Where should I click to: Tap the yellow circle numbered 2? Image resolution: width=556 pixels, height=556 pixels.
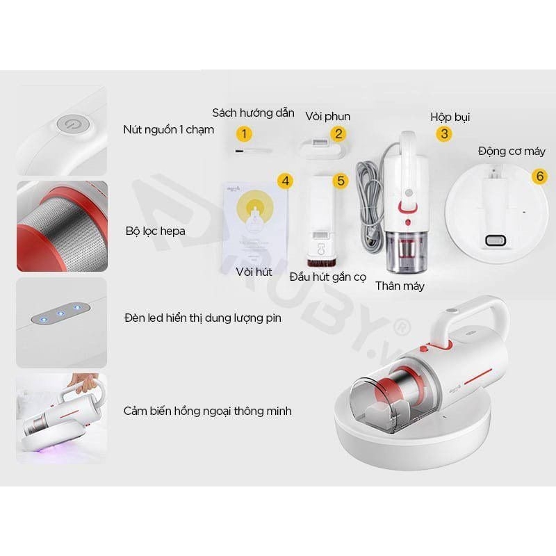pyautogui.click(x=338, y=134)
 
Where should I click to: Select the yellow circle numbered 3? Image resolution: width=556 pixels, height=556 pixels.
pyautogui.click(x=444, y=134)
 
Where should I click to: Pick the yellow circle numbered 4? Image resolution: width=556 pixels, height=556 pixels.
pyautogui.click(x=284, y=181)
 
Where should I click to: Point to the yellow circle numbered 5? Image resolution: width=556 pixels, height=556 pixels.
pyautogui.click(x=340, y=181)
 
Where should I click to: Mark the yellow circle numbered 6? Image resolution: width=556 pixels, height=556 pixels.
pyautogui.click(x=539, y=176)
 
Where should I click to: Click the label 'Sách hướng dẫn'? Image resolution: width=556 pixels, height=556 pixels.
pyautogui.click(x=253, y=113)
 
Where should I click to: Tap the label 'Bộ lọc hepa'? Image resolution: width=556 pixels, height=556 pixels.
pyautogui.click(x=156, y=231)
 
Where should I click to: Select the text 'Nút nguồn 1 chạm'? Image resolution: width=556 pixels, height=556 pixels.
pyautogui.click(x=169, y=130)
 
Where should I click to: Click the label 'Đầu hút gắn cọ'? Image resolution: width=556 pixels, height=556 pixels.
pyautogui.click(x=327, y=276)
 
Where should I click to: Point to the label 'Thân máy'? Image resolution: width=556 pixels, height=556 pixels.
pyautogui.click(x=400, y=286)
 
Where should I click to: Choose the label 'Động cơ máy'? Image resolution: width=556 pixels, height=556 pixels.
pyautogui.click(x=512, y=151)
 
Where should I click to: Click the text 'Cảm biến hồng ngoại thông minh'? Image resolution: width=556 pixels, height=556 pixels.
pyautogui.click(x=208, y=411)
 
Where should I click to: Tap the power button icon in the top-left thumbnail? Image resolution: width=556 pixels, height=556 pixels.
pyautogui.click(x=70, y=124)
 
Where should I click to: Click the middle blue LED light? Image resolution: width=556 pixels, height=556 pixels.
pyautogui.click(x=60, y=313)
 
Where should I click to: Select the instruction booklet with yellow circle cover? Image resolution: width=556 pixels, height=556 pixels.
pyautogui.click(x=254, y=222)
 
